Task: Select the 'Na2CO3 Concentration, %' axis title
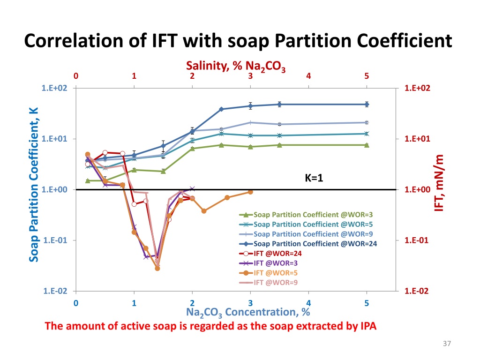pos(248,312)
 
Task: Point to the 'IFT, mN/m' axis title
pos(439,183)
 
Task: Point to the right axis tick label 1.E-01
pos(416,240)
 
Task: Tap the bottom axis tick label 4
pos(308,303)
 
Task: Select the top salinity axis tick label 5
pos(367,76)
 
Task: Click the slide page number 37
pos(446,345)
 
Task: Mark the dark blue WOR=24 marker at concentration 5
pos(367,105)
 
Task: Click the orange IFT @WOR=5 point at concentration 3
pos(250,192)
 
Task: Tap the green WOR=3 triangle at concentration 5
pos(367,145)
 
